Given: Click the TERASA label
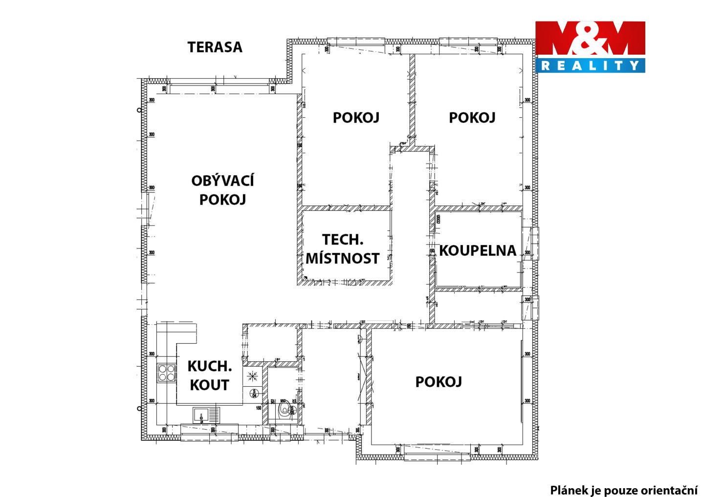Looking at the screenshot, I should (215, 47).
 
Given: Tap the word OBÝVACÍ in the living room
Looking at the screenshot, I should (222, 181).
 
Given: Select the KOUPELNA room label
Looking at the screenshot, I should (477, 251).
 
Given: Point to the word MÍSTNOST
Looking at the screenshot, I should (342, 259).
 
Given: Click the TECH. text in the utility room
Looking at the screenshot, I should (343, 240).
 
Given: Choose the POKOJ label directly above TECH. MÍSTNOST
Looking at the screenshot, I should (356, 118).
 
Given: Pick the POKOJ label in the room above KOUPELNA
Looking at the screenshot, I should (472, 118).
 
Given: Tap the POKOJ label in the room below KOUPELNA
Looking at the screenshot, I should (439, 382).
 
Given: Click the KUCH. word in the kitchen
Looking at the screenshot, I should (209, 366).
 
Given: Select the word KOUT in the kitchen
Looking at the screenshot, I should (209, 385).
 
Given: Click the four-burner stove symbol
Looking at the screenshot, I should (166, 373).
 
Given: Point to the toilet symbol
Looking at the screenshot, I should (284, 409).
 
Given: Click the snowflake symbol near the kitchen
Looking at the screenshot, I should (252, 376).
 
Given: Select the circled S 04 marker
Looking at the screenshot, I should (254, 393).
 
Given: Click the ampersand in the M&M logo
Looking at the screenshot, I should (591, 39).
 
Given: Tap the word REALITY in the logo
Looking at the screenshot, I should (590, 65).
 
